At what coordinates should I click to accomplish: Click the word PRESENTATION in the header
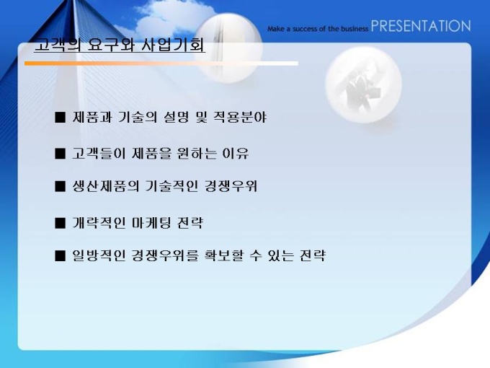click(421, 26)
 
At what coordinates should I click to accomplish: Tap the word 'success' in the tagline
click(305, 29)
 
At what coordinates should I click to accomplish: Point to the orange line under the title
click(161, 63)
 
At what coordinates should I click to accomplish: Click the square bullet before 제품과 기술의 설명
click(60, 118)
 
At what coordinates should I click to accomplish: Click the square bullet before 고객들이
click(60, 154)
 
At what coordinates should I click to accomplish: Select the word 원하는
click(196, 153)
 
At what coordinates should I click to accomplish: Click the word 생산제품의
click(106, 186)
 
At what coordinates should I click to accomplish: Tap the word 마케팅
click(151, 223)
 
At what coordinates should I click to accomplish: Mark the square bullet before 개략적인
click(60, 224)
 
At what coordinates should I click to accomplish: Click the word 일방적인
click(99, 255)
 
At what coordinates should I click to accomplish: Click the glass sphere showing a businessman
click(363, 84)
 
